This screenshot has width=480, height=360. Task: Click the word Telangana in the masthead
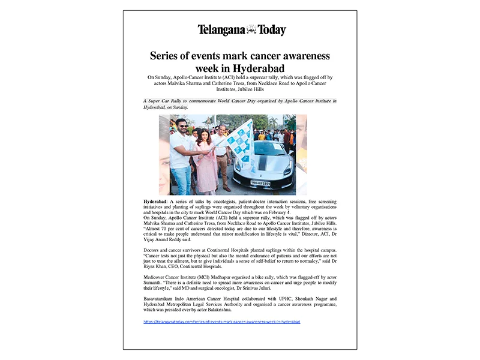[221, 29]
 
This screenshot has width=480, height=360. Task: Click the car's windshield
[273, 148]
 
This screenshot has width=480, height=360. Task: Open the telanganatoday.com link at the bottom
[222, 322]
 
